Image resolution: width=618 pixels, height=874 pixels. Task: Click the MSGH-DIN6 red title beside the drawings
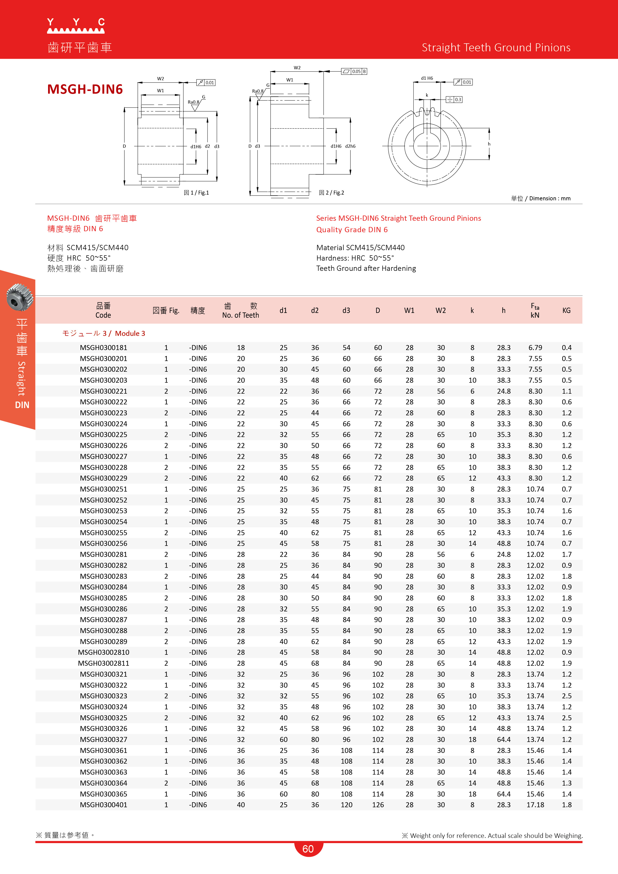pyautogui.click(x=85, y=89)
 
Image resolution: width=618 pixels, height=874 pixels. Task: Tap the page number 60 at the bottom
pyautogui.click(x=308, y=849)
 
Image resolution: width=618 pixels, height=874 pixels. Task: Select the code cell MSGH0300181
pyautogui.click(x=104, y=348)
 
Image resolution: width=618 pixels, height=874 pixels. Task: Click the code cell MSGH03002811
pyautogui.click(x=104, y=663)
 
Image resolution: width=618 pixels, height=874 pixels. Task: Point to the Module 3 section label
pyautogui.click(x=104, y=333)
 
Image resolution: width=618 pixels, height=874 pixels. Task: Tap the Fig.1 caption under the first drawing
pyautogui.click(x=196, y=193)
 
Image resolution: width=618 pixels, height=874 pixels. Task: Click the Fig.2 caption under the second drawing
pyautogui.click(x=332, y=193)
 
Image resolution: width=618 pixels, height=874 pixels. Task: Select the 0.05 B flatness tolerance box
pyautogui.click(x=354, y=71)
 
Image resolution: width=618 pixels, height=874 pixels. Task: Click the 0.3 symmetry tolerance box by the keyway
pyautogui.click(x=454, y=99)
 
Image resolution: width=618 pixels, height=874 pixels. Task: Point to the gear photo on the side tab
pyautogui.click(x=19, y=297)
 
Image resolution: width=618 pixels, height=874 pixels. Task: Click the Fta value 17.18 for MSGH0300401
pyautogui.click(x=535, y=805)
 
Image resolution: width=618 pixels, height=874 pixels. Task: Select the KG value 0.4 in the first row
pyautogui.click(x=566, y=348)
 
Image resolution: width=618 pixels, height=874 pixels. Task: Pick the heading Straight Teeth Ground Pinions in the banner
pyautogui.click(x=496, y=48)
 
